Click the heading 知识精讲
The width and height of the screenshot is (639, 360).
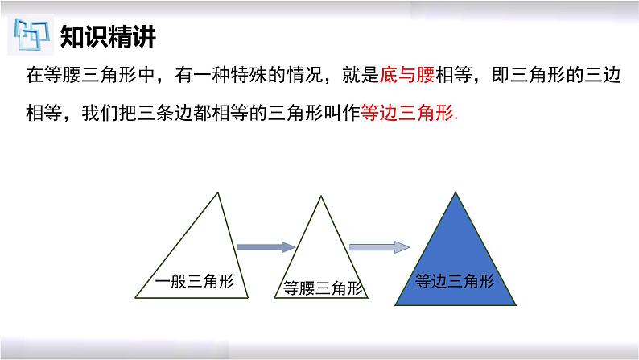coord(108,37)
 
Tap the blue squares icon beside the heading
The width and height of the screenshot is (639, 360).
coord(31,35)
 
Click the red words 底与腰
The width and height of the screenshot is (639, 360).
coord(407,75)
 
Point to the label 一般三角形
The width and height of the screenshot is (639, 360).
coord(195,281)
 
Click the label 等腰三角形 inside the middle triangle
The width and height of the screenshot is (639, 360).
coord(323,288)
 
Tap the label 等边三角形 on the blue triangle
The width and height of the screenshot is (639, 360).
coord(455,281)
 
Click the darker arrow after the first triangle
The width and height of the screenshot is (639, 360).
coord(266,247)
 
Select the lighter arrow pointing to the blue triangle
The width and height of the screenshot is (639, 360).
coord(379,247)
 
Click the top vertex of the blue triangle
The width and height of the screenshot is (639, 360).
coord(456,192)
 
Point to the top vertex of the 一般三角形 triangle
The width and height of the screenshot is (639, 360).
coord(217,192)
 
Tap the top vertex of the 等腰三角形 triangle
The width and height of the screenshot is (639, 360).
coord(321,196)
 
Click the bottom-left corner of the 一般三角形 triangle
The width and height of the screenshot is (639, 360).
coord(136,298)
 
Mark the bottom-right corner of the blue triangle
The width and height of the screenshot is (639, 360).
coord(516,305)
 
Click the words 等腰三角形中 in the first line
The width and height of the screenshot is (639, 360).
coord(100,75)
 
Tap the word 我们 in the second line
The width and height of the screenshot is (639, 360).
coord(100,113)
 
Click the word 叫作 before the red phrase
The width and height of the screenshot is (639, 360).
coord(342,113)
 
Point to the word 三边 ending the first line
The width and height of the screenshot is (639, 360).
coord(602,75)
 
